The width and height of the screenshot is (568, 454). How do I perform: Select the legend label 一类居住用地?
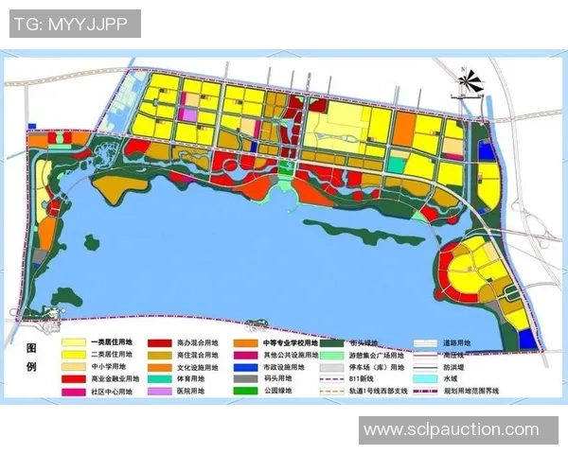click(x=113, y=343)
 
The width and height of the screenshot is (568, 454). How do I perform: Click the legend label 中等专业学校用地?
click(x=287, y=343)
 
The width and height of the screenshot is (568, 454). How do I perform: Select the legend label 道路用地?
click(x=456, y=343)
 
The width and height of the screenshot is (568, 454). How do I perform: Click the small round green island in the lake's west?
click(x=91, y=242)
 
